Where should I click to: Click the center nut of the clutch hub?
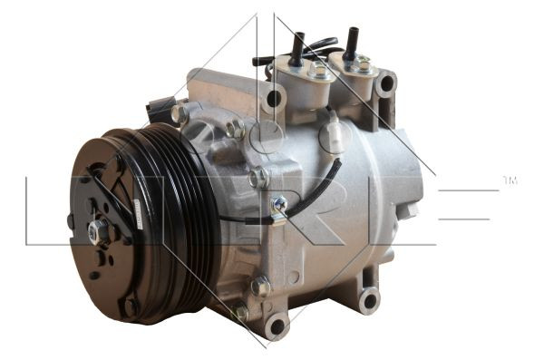(x=97, y=231)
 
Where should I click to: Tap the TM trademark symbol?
(x=510, y=181)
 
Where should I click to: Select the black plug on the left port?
(x=296, y=49)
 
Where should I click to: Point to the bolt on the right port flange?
(x=362, y=64)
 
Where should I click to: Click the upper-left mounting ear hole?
(x=274, y=98)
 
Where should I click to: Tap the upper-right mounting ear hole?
(x=387, y=84)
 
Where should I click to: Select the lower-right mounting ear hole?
(x=367, y=299)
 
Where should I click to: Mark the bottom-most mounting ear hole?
(x=275, y=324)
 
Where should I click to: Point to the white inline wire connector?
(x=337, y=136)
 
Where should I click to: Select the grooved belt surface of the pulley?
(x=186, y=227)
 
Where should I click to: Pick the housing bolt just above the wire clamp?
(x=258, y=178)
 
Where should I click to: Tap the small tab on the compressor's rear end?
(x=411, y=210)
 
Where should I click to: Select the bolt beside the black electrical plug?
(x=180, y=114)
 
